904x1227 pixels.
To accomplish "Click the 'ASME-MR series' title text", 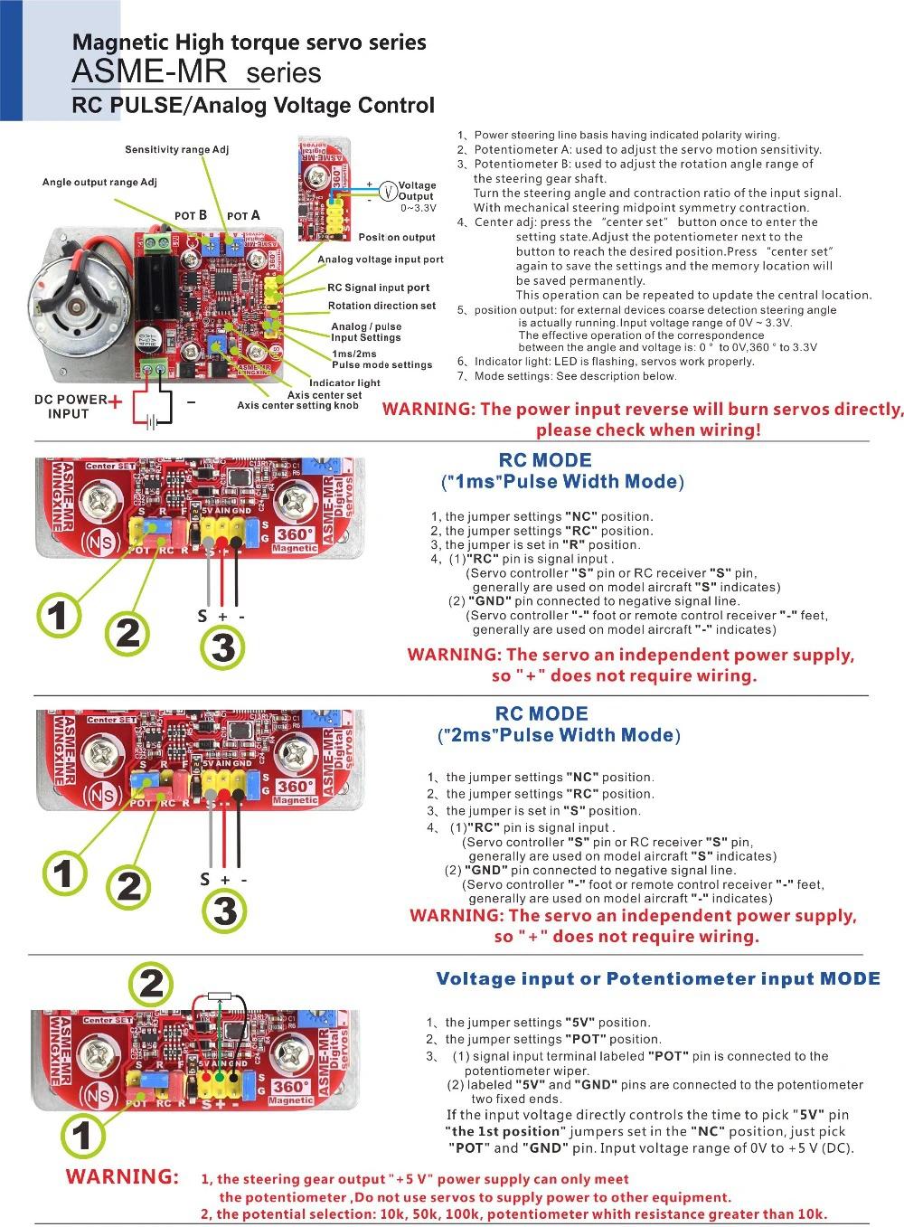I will (x=196, y=71).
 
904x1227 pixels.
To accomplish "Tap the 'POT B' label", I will (x=191, y=215).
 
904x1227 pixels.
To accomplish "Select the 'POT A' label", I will (x=243, y=215).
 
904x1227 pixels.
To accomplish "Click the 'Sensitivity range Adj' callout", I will (x=176, y=149).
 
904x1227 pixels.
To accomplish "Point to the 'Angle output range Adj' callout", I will (x=99, y=182).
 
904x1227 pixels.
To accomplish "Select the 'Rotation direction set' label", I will (x=381, y=306).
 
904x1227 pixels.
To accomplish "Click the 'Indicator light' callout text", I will (x=344, y=382).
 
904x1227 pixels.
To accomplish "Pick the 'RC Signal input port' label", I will (x=378, y=288).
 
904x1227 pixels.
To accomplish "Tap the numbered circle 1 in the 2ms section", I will (x=62, y=873).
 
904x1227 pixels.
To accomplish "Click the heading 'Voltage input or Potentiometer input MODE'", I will (x=657, y=978).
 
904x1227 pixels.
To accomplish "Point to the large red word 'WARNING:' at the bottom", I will (x=122, y=1176).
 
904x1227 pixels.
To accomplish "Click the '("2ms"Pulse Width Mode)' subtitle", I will (x=559, y=735).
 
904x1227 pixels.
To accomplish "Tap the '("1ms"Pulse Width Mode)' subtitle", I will (x=562, y=481).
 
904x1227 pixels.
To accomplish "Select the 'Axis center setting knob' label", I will (x=297, y=405).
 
